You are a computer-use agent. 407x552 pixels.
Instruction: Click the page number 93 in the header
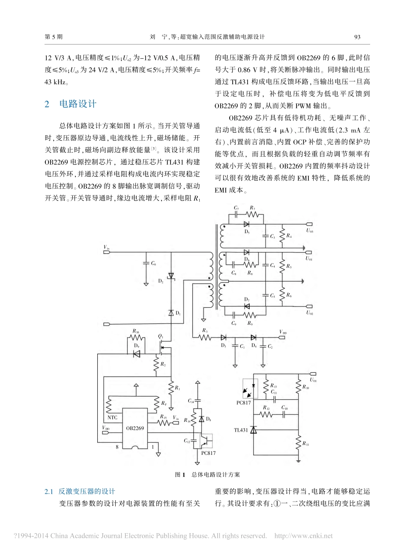click(357, 37)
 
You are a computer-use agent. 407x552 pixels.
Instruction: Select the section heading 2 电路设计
click(71, 104)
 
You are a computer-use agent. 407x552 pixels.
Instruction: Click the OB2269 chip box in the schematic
click(135, 428)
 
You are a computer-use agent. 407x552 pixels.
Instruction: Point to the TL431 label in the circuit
click(241, 430)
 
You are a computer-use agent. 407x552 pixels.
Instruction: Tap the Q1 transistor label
click(161, 336)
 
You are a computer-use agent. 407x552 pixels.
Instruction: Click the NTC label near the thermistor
click(112, 417)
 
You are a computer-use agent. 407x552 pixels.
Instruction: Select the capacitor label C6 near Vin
click(153, 264)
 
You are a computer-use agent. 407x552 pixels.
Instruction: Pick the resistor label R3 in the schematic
click(205, 330)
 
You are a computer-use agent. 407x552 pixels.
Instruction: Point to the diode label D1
click(178, 313)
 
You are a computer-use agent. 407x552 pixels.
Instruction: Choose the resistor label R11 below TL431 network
click(305, 444)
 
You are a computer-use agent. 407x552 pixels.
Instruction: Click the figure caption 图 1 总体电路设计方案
click(207, 475)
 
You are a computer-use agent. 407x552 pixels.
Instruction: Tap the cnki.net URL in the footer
click(303, 536)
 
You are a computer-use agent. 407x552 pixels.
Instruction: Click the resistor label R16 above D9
click(136, 331)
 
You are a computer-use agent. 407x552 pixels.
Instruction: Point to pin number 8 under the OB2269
click(116, 447)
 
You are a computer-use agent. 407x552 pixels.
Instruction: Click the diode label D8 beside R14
click(208, 419)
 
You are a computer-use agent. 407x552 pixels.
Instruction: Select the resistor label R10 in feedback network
click(305, 387)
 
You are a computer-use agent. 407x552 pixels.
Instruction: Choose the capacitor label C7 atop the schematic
click(236, 208)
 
